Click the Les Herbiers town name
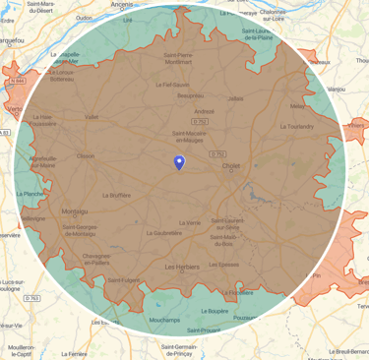[x=183, y=267]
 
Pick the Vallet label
[x=92, y=117]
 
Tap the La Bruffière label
[x=115, y=195]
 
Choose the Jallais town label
[x=234, y=98]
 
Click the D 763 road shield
[x=32, y=297]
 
